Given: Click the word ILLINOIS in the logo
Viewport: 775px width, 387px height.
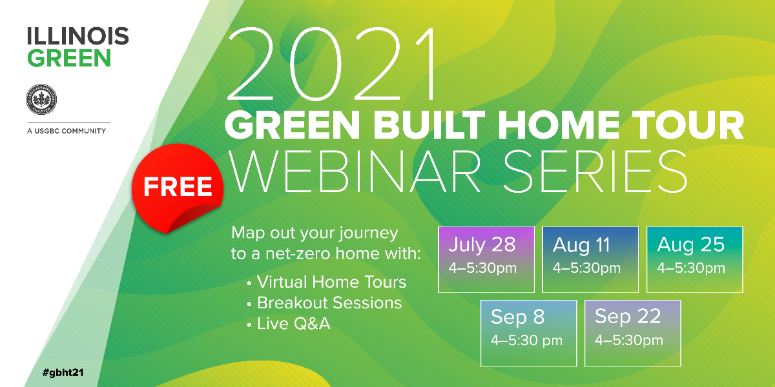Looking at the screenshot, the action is [78, 36].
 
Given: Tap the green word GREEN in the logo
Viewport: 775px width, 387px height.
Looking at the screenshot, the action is [69, 57].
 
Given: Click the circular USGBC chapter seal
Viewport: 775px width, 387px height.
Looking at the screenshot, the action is [41, 99].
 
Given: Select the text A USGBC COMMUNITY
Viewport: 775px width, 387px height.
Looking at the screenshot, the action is [67, 131].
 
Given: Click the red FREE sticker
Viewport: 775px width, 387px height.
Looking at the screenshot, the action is [177, 188].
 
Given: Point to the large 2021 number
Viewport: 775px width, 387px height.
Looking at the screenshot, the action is [331, 64].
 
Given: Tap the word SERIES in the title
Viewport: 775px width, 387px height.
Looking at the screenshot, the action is [595, 172].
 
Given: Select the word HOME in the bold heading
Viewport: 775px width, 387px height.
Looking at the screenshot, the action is [559, 124].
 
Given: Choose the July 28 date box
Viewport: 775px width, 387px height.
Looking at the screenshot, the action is [486, 259].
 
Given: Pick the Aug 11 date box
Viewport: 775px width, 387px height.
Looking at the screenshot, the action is [590, 259].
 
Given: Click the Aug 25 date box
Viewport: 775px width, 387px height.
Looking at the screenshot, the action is [695, 259].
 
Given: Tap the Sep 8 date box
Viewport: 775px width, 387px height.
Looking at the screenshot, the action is [529, 333].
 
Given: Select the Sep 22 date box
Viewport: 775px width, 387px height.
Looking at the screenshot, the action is [633, 333].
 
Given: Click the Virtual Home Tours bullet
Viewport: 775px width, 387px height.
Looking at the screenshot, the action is [327, 282].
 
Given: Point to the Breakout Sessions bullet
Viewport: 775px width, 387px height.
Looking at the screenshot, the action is [324, 303].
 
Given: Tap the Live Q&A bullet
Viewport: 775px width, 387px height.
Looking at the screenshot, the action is [289, 324].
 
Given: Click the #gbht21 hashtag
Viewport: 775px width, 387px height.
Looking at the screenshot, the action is [63, 373].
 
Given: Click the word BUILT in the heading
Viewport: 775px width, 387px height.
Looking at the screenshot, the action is [428, 124].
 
